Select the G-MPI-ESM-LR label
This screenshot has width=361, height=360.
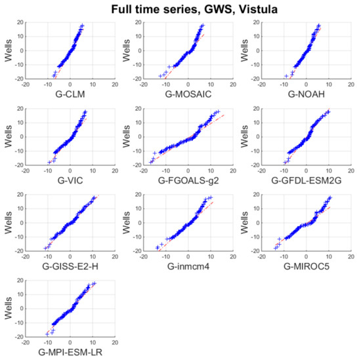tap(69, 352)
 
